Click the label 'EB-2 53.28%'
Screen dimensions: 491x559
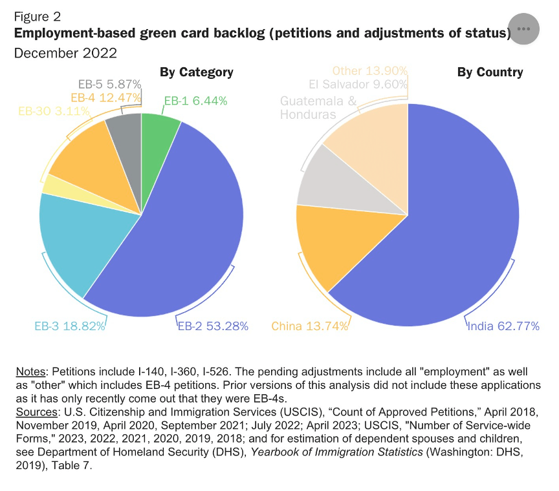point(213,326)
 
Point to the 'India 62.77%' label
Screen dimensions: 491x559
point(503,326)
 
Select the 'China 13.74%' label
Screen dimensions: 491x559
point(310,326)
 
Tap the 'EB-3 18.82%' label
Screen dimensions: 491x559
point(69,326)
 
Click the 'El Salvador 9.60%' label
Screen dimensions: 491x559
point(358,85)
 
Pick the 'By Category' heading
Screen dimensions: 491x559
point(197,72)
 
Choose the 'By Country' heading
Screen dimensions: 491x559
point(490,72)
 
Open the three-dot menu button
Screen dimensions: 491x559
point(523,29)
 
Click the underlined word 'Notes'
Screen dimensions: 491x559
point(30,372)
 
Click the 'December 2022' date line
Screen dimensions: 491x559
point(65,53)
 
